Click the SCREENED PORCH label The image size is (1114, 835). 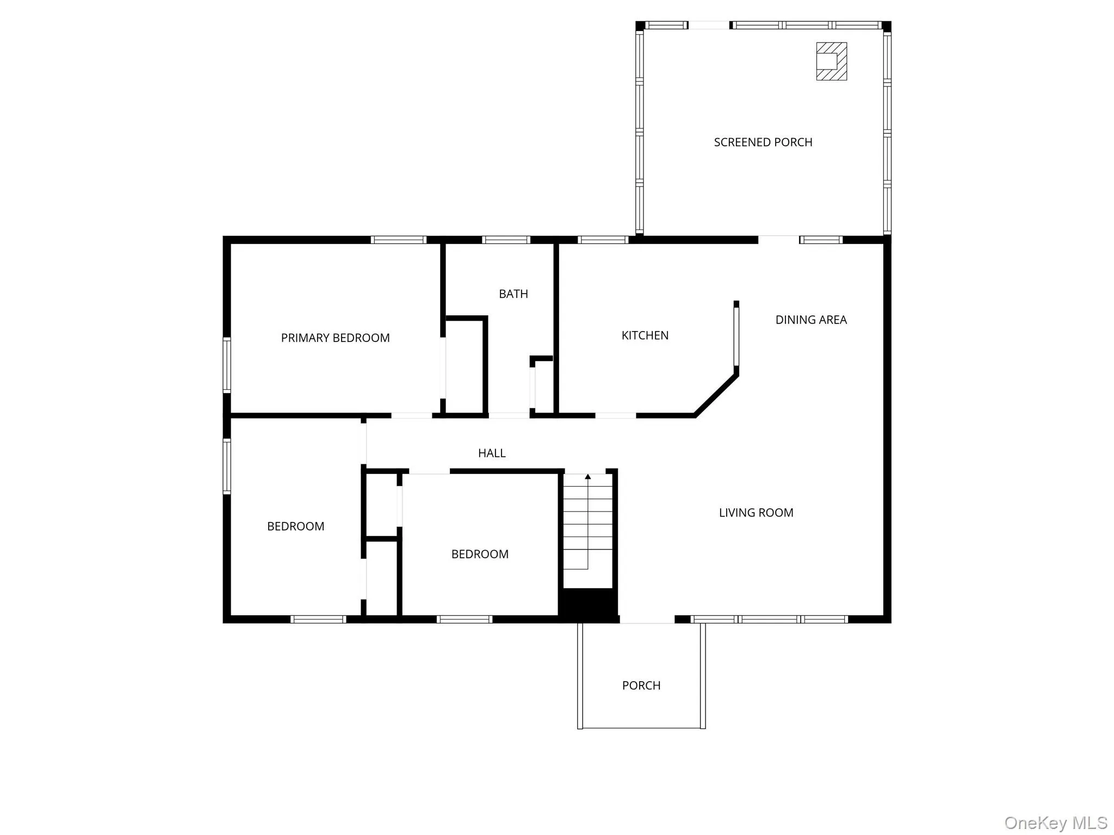pyautogui.click(x=763, y=142)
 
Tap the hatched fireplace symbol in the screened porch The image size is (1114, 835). pyautogui.click(x=831, y=61)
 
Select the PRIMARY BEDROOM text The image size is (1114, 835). pyautogui.click(x=335, y=338)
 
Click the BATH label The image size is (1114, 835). pyautogui.click(x=513, y=294)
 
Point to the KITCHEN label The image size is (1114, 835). pyautogui.click(x=645, y=335)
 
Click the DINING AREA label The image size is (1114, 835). pyautogui.click(x=810, y=320)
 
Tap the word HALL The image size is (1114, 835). pyautogui.click(x=491, y=453)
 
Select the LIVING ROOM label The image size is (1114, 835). pyautogui.click(x=756, y=513)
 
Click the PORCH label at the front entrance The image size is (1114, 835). pyautogui.click(x=641, y=686)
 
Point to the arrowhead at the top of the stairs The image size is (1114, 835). pyautogui.click(x=587, y=477)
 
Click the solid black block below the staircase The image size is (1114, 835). pyautogui.click(x=588, y=603)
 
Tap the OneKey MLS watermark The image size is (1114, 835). pyautogui.click(x=1055, y=822)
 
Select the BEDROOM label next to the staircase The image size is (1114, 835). pyautogui.click(x=479, y=554)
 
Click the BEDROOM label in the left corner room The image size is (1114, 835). pyautogui.click(x=295, y=526)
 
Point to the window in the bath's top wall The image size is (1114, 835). pyautogui.click(x=506, y=240)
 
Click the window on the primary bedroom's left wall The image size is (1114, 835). pyautogui.click(x=227, y=365)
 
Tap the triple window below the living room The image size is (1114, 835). pyautogui.click(x=769, y=619)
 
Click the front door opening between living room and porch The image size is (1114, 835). pyautogui.click(x=647, y=620)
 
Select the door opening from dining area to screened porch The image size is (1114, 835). pyautogui.click(x=778, y=240)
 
